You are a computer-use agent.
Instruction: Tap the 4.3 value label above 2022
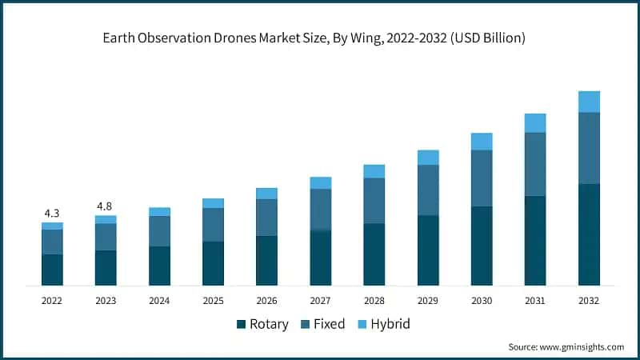point(52,214)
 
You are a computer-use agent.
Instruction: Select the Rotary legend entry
point(262,324)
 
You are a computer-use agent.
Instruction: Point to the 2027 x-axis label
point(320,300)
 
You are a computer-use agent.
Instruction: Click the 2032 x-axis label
point(589,300)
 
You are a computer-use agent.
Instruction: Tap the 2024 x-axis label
point(159,300)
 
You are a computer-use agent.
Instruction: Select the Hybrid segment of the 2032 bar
point(589,102)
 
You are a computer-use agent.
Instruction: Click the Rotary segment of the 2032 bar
point(589,234)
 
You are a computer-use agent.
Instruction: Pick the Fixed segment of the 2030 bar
point(482,178)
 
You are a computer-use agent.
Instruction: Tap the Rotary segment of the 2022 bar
point(52,270)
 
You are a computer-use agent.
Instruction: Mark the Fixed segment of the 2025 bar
point(213,225)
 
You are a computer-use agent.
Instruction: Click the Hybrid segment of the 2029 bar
point(428,158)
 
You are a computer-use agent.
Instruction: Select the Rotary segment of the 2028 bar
point(374,254)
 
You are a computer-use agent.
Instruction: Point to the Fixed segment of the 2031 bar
point(535,164)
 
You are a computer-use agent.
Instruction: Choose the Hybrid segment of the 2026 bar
point(266,194)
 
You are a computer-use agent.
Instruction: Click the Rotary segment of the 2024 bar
point(159,266)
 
